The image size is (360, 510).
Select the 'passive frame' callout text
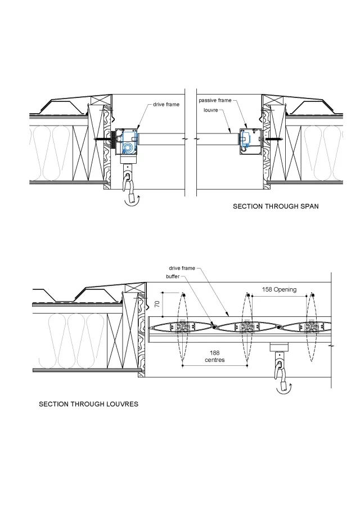pyautogui.click(x=214, y=100)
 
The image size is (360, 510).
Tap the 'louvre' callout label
pyautogui.click(x=211, y=110)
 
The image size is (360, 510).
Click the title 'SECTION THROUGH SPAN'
pyautogui.click(x=276, y=207)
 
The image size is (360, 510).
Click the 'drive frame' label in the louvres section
pyautogui.click(x=182, y=268)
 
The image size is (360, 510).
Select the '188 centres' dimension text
pyautogui.click(x=215, y=356)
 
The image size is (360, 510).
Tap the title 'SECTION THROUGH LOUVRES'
pyautogui.click(x=88, y=404)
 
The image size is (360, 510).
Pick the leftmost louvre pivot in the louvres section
pyautogui.click(x=182, y=328)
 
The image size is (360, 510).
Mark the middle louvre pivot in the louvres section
pyautogui.click(x=246, y=328)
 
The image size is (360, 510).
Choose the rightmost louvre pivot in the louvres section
pyautogui.click(x=310, y=328)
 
